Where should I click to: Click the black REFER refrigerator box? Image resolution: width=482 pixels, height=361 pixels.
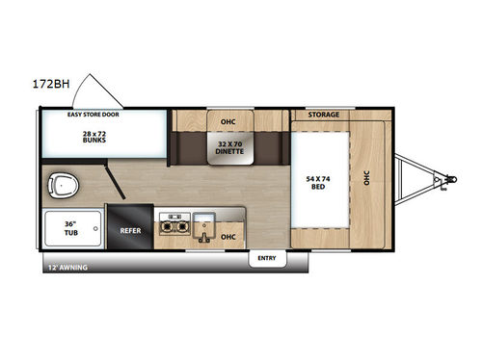[x=131, y=231]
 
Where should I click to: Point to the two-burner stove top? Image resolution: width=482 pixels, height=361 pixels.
[x=172, y=223]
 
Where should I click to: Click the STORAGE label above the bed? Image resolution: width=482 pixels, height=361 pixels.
[x=324, y=115]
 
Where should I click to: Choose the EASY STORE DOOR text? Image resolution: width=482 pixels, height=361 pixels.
[x=91, y=115]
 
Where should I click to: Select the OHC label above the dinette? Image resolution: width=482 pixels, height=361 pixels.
[x=228, y=121]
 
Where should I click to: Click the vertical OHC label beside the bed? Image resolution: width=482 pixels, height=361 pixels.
[x=365, y=180]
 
